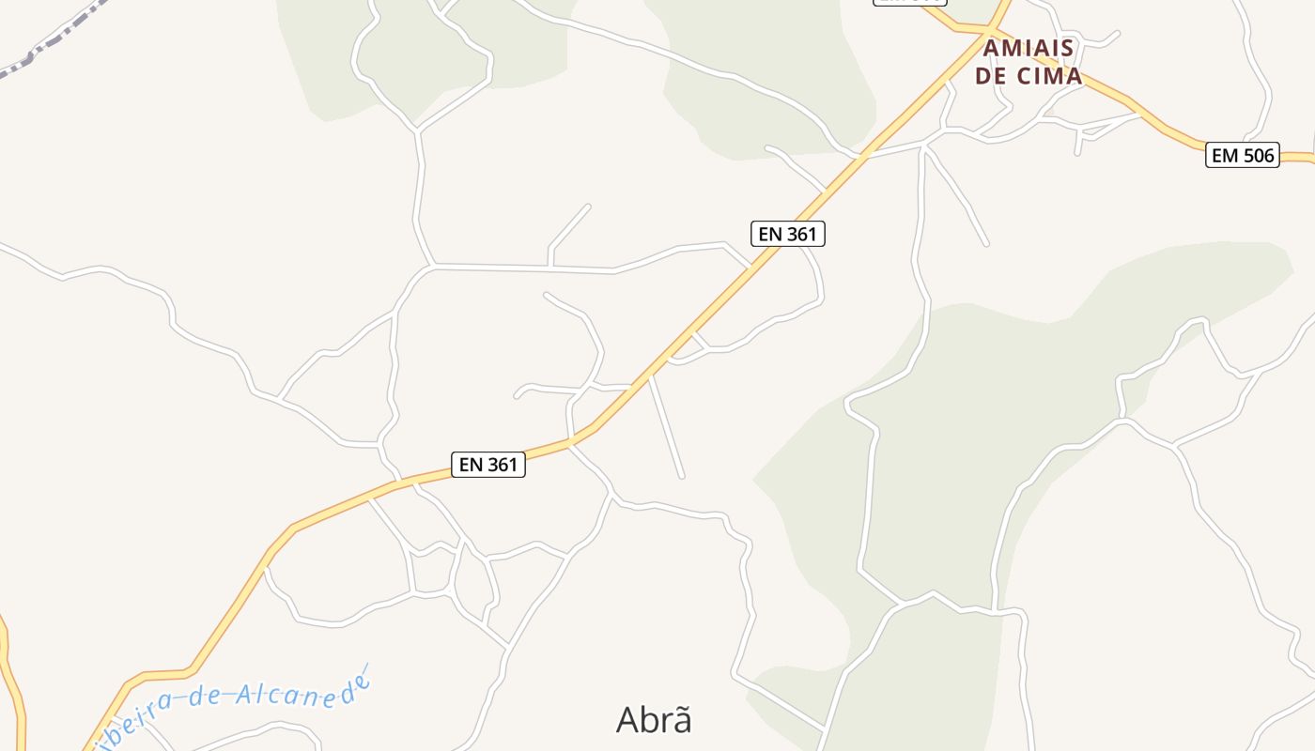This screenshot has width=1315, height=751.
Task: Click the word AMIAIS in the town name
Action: tap(1029, 48)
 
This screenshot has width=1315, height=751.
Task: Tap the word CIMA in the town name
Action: tap(1044, 76)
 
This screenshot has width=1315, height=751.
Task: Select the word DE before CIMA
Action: tap(989, 76)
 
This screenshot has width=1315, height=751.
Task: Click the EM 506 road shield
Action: tap(1243, 156)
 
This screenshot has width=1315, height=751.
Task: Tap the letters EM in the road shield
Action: tap(1225, 156)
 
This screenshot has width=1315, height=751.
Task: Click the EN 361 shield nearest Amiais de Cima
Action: tap(788, 234)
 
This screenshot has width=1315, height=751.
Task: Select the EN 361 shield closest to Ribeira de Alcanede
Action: tap(488, 464)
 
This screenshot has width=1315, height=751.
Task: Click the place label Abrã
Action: tap(654, 720)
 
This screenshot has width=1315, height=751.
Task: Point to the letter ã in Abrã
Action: tap(681, 720)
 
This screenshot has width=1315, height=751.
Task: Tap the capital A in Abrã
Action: tap(628, 720)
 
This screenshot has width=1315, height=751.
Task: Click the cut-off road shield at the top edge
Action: tap(909, 3)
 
